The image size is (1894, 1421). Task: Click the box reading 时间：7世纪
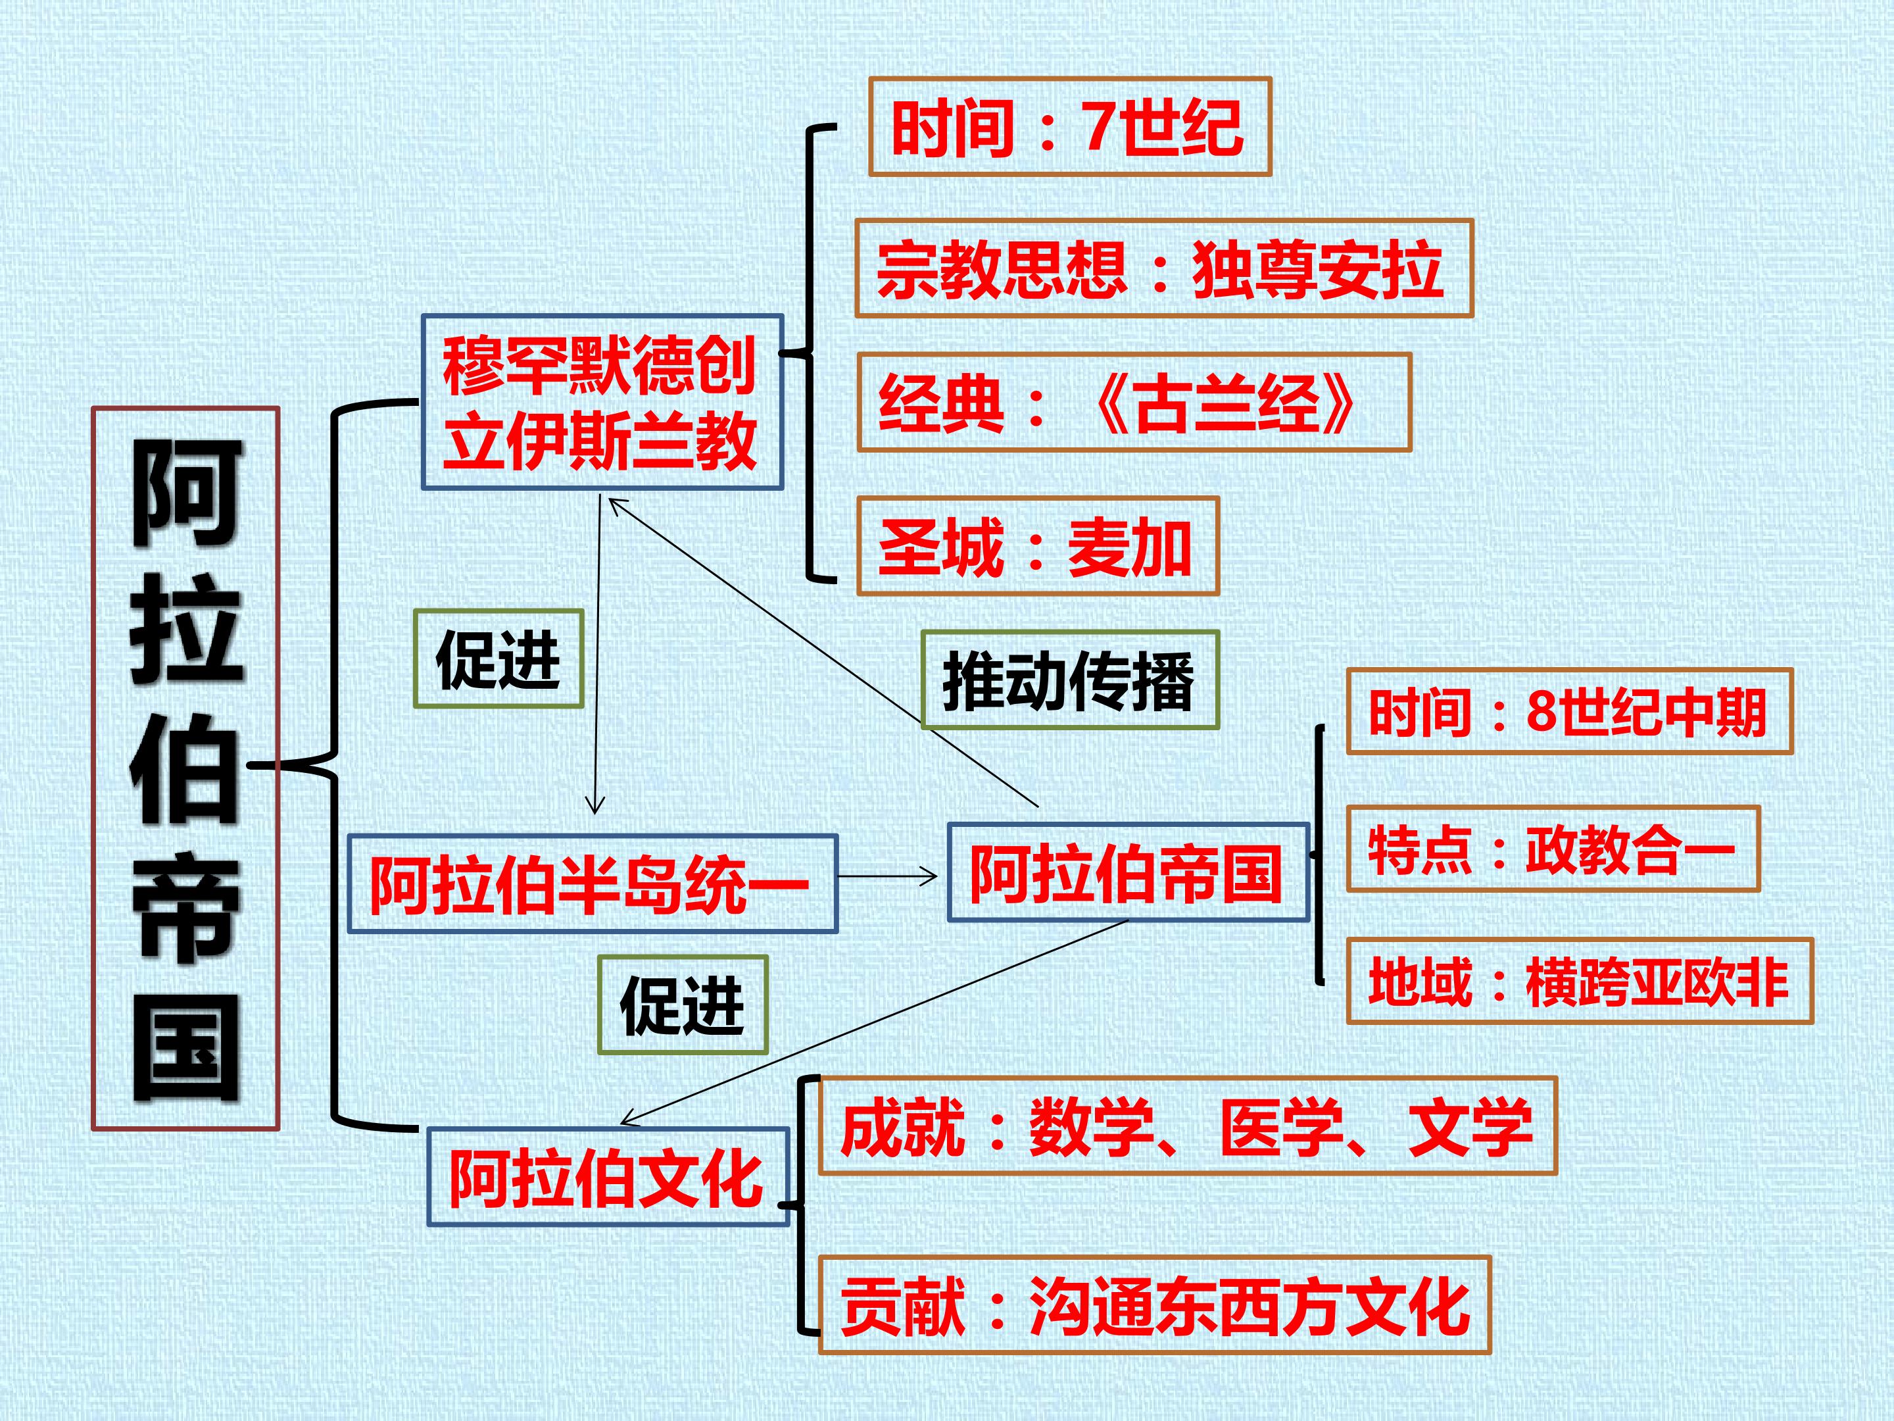coord(1069,127)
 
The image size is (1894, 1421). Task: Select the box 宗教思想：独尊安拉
coord(1163,268)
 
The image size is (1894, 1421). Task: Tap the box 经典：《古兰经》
coord(1134,403)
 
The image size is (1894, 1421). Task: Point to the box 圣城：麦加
coord(1038,545)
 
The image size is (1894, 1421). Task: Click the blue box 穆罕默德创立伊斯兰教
coord(602,402)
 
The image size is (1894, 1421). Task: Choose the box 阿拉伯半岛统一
coord(592,883)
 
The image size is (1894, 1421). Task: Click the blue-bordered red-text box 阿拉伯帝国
coord(1128,872)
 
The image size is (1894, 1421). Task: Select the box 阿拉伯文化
coord(607,1177)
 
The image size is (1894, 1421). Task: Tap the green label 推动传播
coord(1069,680)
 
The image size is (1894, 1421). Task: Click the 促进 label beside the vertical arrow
coord(498,659)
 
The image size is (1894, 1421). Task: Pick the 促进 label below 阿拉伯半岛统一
coord(683,1005)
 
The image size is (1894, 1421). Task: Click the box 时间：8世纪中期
coord(1570,711)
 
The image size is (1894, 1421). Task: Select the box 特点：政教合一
coord(1553,849)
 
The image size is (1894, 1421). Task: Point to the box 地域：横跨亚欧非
coord(1580,981)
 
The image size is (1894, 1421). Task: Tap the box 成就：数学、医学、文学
coord(1188,1126)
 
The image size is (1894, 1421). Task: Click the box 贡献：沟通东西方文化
coord(1155,1305)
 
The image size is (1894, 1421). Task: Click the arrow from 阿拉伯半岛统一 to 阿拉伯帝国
coord(887,876)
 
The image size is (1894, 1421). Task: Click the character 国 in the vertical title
coord(187,1050)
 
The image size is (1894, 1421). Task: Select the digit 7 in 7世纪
coord(1101,127)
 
